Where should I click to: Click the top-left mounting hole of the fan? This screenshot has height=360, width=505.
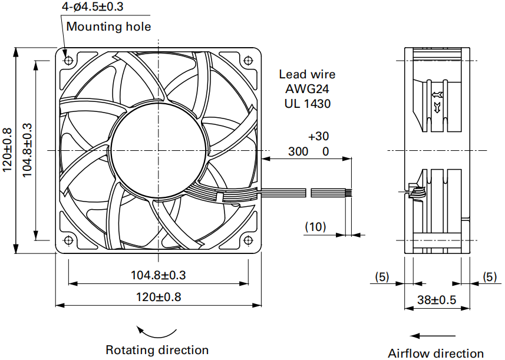tap(68, 60)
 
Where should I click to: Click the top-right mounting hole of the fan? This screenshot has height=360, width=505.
tap(247, 60)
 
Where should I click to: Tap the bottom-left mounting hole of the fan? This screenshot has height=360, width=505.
tap(68, 240)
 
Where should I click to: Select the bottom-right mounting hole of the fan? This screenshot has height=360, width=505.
tap(247, 240)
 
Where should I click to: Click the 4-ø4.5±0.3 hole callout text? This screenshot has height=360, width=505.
tap(93, 6)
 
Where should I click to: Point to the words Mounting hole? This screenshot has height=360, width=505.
tap(108, 27)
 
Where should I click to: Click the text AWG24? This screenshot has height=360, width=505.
tap(307, 89)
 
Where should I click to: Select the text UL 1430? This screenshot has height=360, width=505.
tap(307, 104)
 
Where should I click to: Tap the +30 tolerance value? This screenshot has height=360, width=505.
tap(319, 136)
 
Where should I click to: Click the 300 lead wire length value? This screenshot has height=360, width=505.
tap(298, 151)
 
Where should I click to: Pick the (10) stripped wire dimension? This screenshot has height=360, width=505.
tap(315, 227)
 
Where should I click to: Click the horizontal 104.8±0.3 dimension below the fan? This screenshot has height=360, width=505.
tap(158, 275)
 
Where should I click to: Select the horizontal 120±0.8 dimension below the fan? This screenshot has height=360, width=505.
tap(159, 297)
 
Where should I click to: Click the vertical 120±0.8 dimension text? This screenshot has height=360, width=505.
tap(7, 150)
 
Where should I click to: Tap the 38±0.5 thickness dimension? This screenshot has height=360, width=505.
tap(437, 300)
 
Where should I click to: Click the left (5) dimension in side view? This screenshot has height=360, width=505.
tap(382, 276)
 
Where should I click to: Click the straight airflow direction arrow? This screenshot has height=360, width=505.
tap(433, 336)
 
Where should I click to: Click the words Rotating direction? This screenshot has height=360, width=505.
tap(157, 350)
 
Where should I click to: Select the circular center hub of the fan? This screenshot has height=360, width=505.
tap(158, 150)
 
